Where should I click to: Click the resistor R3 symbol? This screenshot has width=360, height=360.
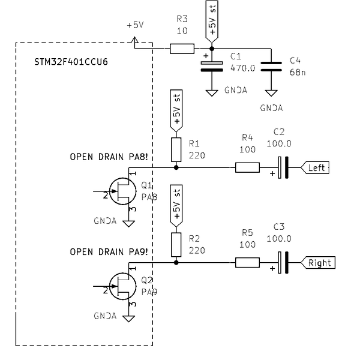[x=182, y=49]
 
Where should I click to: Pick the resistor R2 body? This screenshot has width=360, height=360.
[x=176, y=243]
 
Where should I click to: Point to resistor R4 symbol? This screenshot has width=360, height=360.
[x=247, y=168]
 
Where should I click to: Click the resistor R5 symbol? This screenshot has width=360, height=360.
[x=247, y=262]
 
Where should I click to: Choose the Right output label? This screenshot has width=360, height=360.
[x=318, y=262]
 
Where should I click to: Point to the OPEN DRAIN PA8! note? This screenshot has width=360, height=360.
[x=109, y=157]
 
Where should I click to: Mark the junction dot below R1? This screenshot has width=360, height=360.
[x=176, y=168]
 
